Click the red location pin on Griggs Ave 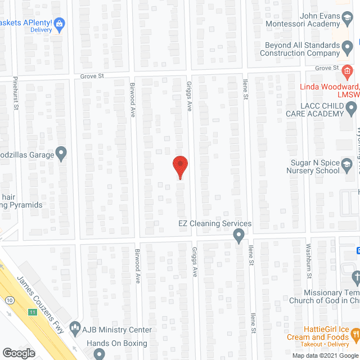click(x=179, y=166)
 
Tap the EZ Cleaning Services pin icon click(x=238, y=236)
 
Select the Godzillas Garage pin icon click(x=62, y=153)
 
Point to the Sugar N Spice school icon click(x=348, y=164)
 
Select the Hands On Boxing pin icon click(x=100, y=354)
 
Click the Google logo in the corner click(x=18, y=353)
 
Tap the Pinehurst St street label click(x=16, y=93)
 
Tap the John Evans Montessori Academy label click(x=312, y=20)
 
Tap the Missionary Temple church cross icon click(x=355, y=277)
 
